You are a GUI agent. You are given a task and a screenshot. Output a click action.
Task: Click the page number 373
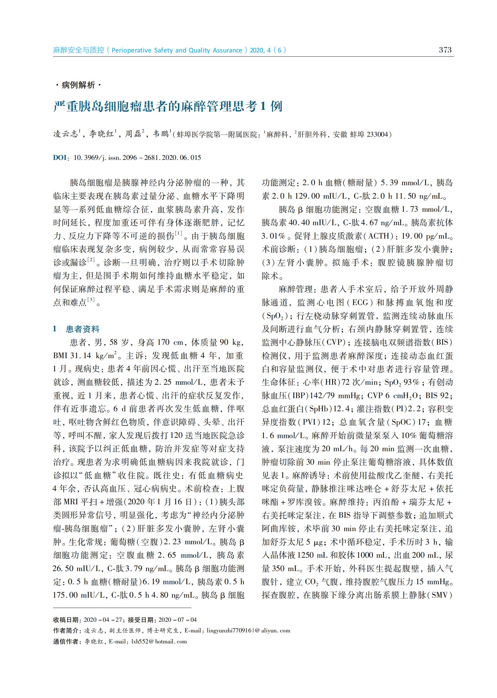pyautogui.click(x=445, y=50)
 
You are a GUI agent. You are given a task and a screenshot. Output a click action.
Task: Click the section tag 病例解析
pyautogui.click(x=78, y=85)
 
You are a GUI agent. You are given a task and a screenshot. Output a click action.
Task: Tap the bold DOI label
pyautogui.click(x=60, y=158)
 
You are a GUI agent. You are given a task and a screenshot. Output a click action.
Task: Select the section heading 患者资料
pyautogui.click(x=83, y=329)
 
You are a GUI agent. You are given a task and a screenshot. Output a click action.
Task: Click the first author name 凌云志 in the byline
pyautogui.click(x=66, y=134)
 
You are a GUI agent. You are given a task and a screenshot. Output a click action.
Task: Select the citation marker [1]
pyautogui.click(x=178, y=234)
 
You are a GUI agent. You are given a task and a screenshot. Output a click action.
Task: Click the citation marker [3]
pyautogui.click(x=91, y=300)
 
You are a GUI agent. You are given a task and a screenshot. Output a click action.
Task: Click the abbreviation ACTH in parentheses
pyautogui.click(x=379, y=236)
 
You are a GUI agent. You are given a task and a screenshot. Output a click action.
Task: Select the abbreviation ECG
pyautogui.click(x=360, y=303)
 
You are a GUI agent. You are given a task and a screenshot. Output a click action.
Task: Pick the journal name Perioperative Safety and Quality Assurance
pyautogui.click(x=177, y=50)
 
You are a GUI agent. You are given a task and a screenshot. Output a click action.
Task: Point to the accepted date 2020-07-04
pyautogui.click(x=177, y=620)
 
